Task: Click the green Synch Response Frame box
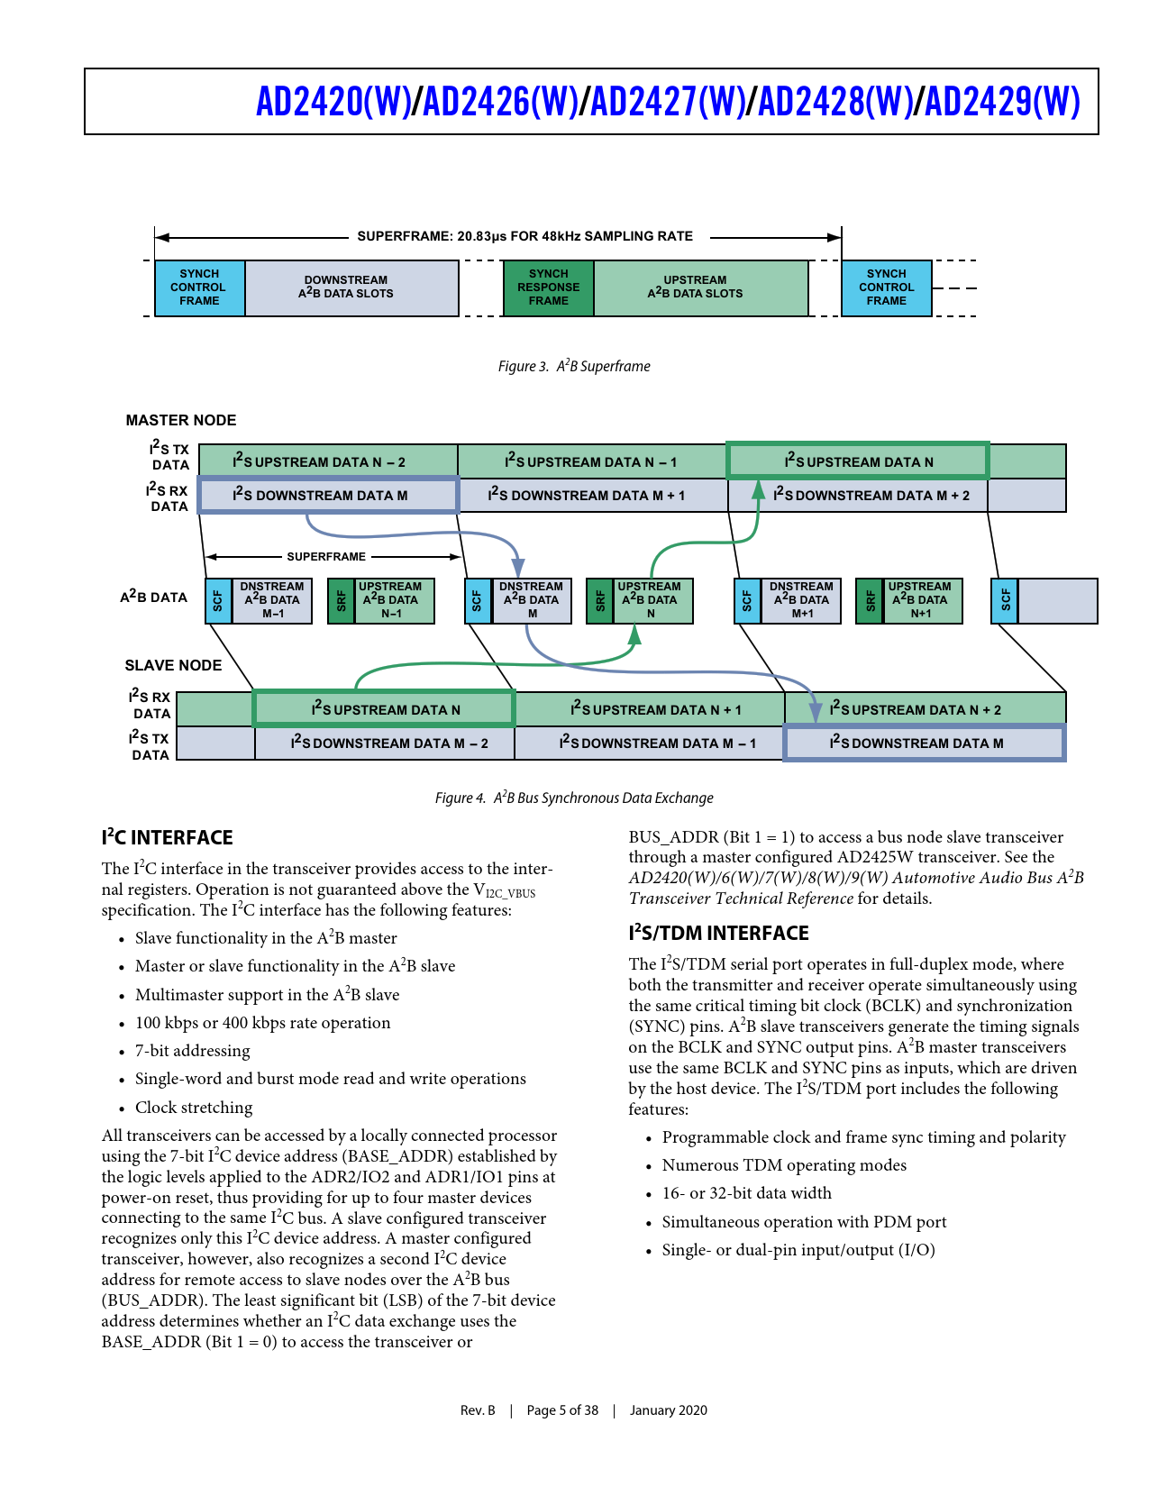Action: (548, 287)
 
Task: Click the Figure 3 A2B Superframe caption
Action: (574, 366)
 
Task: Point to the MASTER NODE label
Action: (181, 420)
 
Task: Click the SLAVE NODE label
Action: (173, 665)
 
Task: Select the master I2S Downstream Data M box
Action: (328, 495)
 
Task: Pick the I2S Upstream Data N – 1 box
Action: (591, 461)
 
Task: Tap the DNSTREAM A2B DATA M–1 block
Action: (272, 600)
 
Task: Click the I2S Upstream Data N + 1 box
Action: (655, 709)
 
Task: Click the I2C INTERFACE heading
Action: (168, 838)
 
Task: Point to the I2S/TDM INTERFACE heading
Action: (718, 934)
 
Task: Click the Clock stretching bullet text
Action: (194, 1108)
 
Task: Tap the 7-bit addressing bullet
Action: (193, 1051)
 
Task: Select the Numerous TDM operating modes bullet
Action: (784, 1165)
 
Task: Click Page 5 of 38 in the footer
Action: (562, 1410)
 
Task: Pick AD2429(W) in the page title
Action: (1002, 102)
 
